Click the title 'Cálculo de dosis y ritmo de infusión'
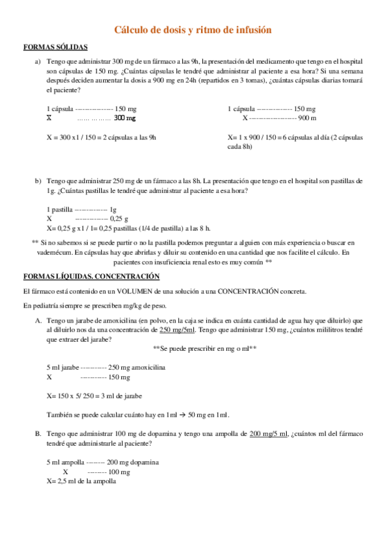193,30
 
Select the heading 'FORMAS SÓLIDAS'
55,48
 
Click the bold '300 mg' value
125,119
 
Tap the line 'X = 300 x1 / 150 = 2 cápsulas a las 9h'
101,137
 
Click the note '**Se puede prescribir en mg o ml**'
205,348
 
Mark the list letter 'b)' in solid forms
39,181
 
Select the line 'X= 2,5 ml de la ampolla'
81,481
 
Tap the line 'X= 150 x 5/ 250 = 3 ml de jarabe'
94,396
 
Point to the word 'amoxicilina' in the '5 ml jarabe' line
149,367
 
